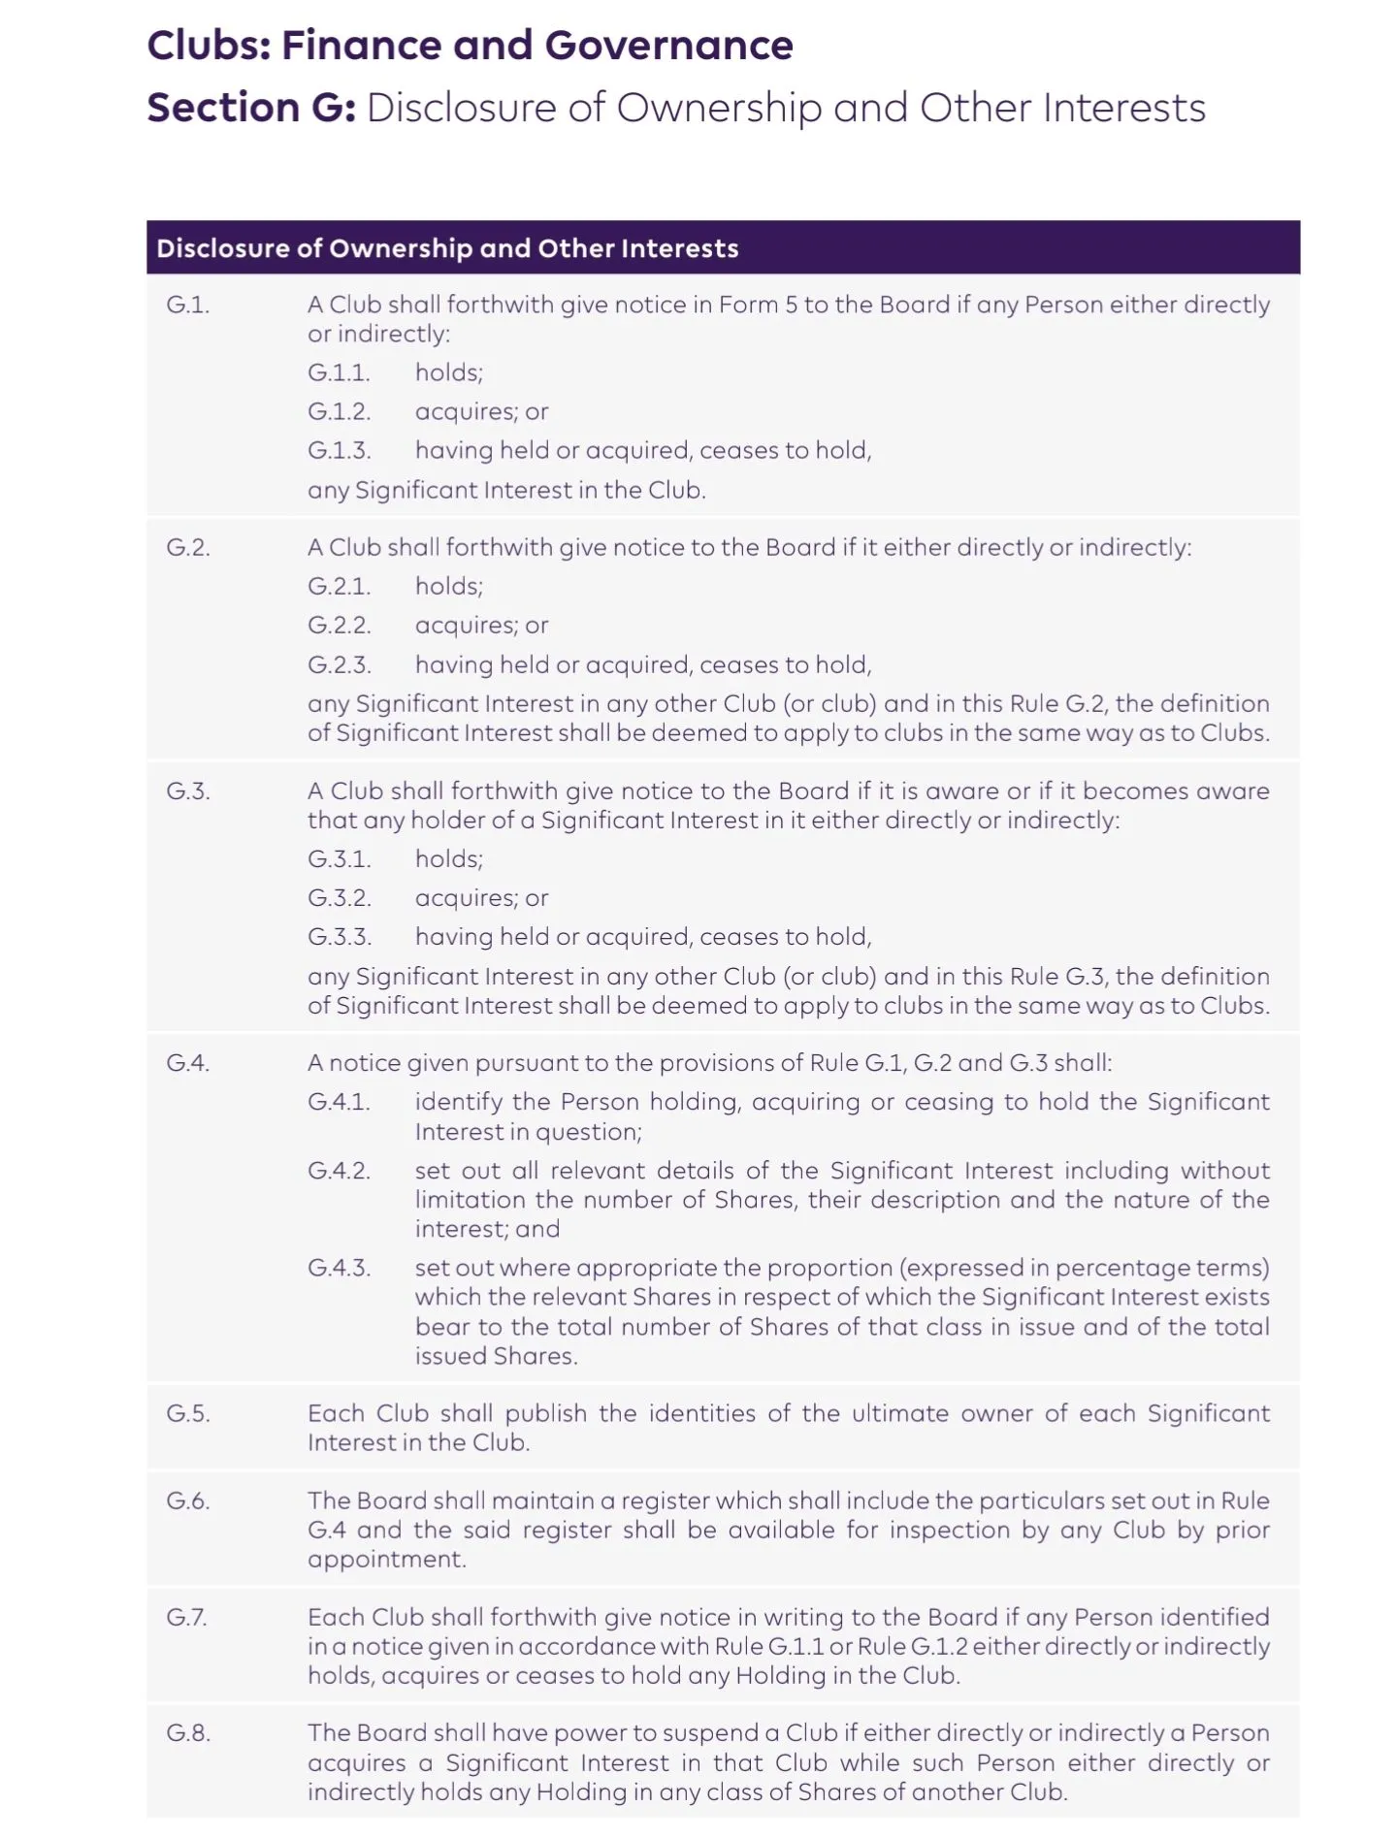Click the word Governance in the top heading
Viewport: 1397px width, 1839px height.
coord(668,46)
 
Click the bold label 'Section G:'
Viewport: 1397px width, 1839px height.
coord(251,108)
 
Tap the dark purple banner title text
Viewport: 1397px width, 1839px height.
coord(447,248)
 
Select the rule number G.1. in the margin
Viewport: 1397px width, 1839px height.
coord(187,305)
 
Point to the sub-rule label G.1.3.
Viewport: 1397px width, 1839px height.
coord(339,450)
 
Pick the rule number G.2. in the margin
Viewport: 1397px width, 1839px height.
coord(187,547)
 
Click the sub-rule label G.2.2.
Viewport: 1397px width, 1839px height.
coord(339,626)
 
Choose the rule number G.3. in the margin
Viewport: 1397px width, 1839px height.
coord(187,790)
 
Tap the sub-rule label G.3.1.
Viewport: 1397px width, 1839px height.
coord(339,858)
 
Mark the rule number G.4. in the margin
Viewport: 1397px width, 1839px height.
coord(187,1063)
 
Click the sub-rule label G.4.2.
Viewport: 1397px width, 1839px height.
coord(339,1171)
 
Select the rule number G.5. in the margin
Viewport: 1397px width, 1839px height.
coord(187,1413)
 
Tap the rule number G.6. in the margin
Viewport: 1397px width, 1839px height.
coord(187,1500)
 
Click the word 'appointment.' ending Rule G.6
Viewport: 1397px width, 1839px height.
coord(386,1559)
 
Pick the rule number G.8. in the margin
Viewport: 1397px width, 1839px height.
coord(187,1733)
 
